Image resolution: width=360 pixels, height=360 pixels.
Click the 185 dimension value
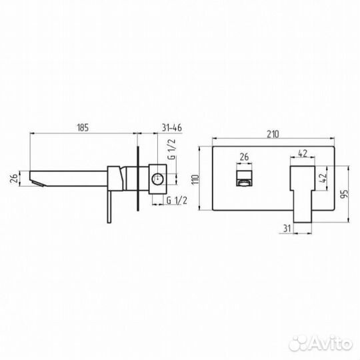coord(83,127)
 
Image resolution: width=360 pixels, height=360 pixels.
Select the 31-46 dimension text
coord(172,127)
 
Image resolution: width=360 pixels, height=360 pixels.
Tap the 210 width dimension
coord(273,134)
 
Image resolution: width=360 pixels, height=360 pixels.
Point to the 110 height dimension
coord(195,179)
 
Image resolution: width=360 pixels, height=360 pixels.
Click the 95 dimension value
coord(345,194)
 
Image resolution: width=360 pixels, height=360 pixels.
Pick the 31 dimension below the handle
coord(287,229)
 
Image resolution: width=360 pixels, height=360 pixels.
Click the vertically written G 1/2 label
coord(172,149)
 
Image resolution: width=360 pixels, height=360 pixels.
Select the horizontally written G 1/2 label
coord(177,201)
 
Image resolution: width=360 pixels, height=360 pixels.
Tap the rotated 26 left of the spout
coord(14,178)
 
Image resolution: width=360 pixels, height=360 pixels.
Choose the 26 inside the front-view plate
coord(244,157)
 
